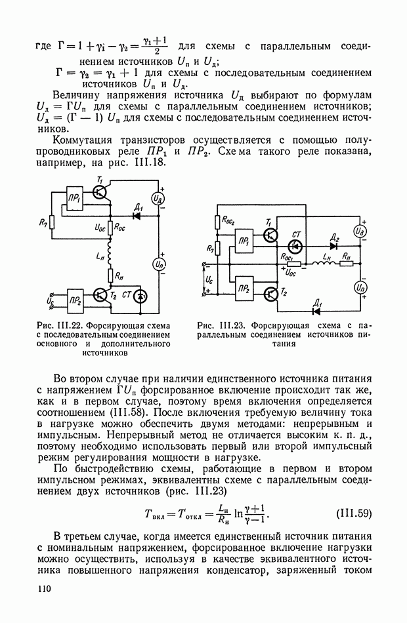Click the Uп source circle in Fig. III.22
point(158,264)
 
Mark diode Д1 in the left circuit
point(138,215)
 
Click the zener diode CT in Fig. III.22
point(139,297)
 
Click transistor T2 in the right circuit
point(271,294)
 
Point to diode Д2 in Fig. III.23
point(333,247)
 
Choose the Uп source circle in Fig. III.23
point(360,287)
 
